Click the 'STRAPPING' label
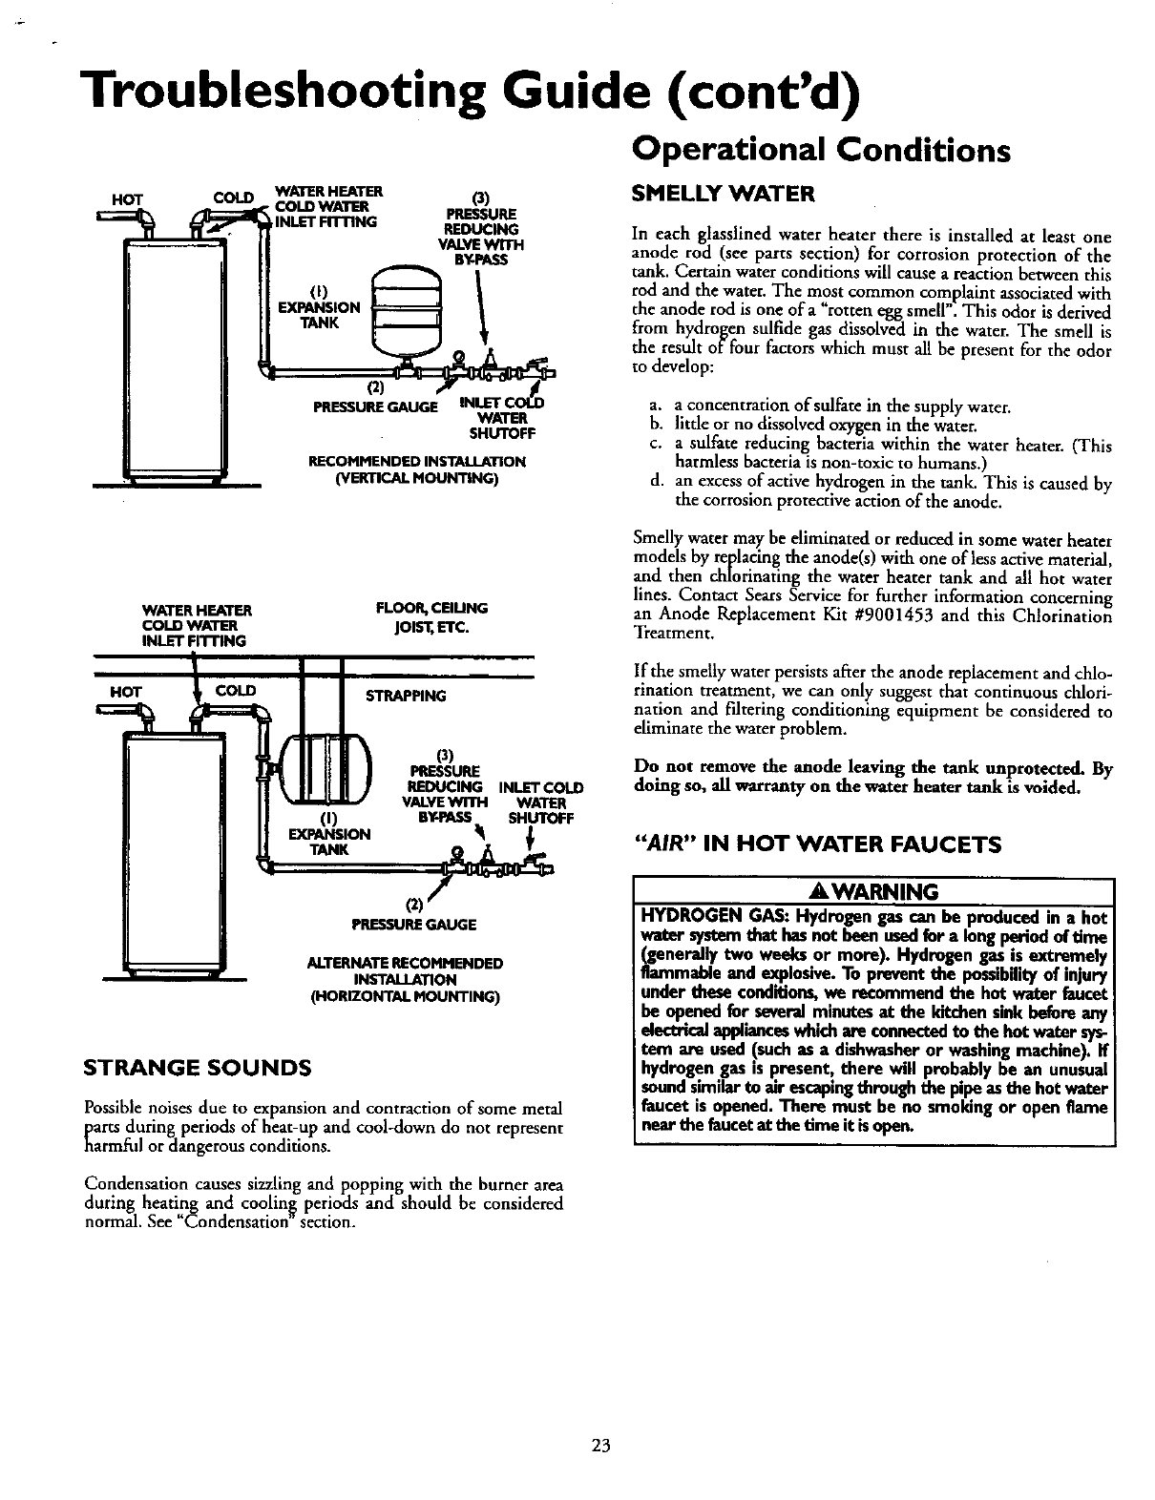pyautogui.click(x=405, y=696)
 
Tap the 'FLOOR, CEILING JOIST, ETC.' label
pyautogui.click(x=431, y=616)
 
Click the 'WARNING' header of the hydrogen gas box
pyautogui.click(x=873, y=891)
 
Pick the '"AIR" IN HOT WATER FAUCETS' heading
pyautogui.click(x=818, y=844)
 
